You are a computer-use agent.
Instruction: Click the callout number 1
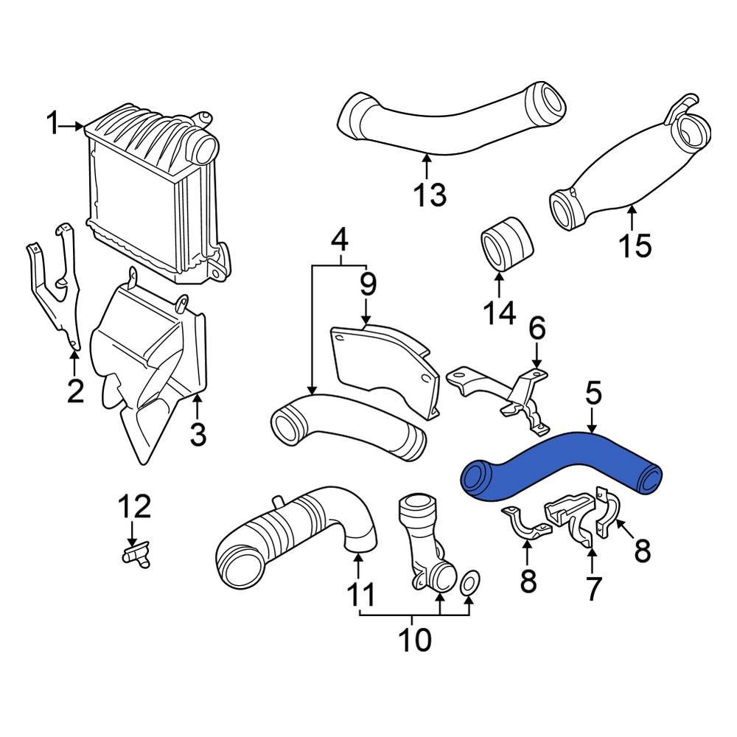point(52,124)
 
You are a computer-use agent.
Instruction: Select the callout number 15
point(635,245)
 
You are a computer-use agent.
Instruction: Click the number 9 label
point(367,284)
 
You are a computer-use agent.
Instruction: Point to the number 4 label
point(338,240)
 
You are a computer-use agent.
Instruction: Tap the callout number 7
point(593,587)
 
